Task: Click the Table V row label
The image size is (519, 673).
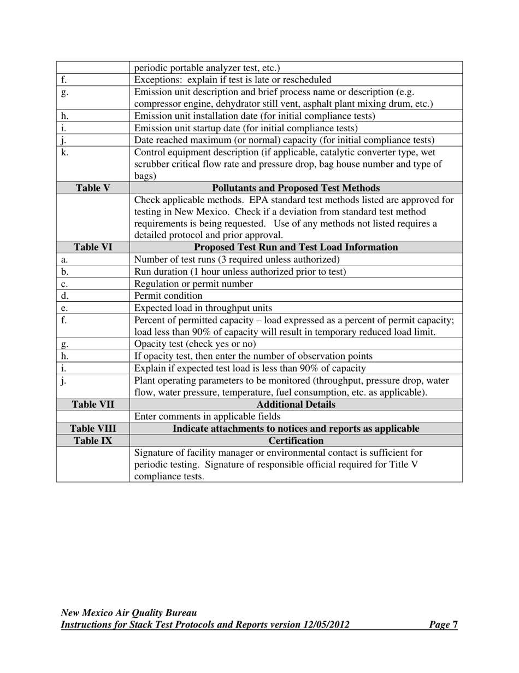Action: (93, 188)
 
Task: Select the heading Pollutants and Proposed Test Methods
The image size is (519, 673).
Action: (296, 188)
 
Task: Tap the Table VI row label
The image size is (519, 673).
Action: (93, 247)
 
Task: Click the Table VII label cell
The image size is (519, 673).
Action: (93, 404)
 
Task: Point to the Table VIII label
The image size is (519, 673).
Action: (93, 428)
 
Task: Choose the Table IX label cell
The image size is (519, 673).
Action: (93, 440)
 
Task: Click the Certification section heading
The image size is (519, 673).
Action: (296, 440)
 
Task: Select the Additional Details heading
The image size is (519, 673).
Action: (296, 404)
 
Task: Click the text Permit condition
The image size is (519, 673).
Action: (168, 295)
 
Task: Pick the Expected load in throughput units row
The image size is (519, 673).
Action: (203, 308)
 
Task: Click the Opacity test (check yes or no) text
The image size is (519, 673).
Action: (195, 344)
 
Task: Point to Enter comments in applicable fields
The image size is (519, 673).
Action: (207, 416)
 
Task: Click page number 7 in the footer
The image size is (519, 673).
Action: (455, 625)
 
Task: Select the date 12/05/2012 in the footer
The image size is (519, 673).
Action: (326, 625)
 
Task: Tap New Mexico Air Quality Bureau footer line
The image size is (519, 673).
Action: (129, 613)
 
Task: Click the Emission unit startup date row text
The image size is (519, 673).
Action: (246, 128)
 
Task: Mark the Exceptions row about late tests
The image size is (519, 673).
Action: (233, 80)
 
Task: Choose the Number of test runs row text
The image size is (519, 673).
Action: (237, 259)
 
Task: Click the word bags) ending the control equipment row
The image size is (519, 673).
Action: (145, 176)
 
